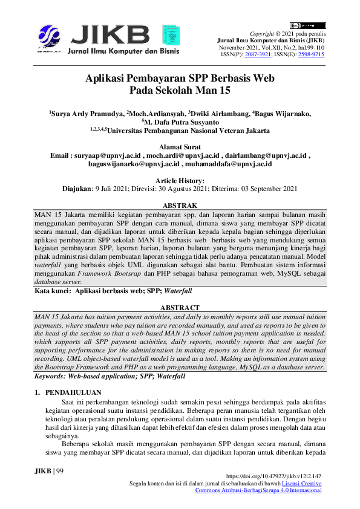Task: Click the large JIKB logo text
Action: [x=111, y=31]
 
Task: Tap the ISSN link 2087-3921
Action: [x=257, y=54]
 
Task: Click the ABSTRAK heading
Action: [x=180, y=206]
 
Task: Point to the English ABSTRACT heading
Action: [x=180, y=308]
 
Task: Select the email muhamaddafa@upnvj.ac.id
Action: [x=237, y=164]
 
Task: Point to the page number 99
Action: [x=58, y=471]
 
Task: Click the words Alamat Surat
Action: [x=180, y=146]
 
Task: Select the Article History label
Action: [x=180, y=181]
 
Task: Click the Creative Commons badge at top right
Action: [x=308, y=25]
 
